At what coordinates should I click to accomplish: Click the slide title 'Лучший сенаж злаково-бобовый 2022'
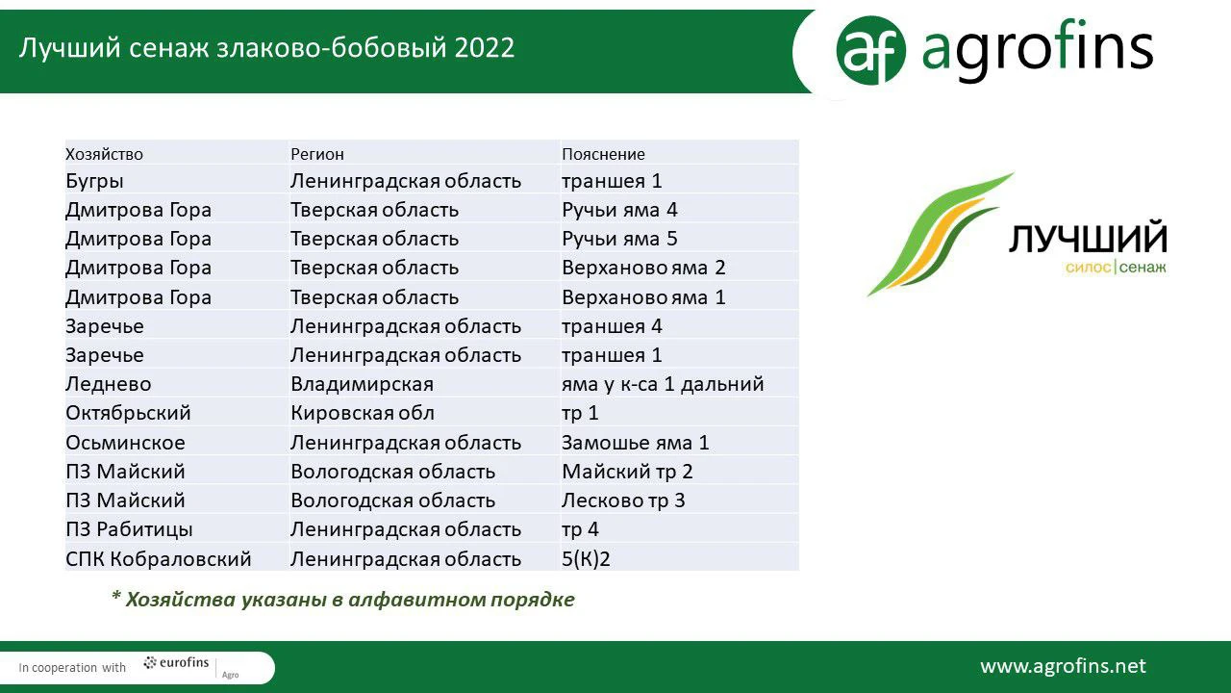[266, 48]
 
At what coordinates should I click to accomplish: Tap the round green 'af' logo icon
[870, 50]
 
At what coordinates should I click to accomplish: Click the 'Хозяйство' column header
[105, 154]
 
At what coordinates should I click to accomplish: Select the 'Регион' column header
[317, 154]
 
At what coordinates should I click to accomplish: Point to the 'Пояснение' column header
[603, 154]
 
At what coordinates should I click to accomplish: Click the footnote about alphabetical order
[343, 599]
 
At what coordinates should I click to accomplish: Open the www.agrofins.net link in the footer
[1063, 666]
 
